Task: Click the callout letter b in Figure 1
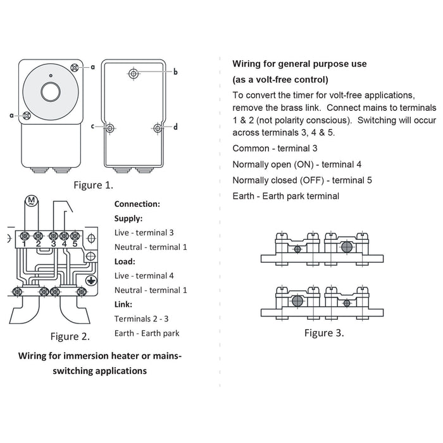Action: pos(175,72)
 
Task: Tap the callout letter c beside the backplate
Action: pos(92,127)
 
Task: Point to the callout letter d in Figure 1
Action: pos(175,127)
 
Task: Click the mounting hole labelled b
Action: pos(134,73)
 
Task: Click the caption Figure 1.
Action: pos(93,185)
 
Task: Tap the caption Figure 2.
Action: pos(70,336)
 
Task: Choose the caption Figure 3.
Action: pos(324,333)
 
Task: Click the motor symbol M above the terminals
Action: pos(29,203)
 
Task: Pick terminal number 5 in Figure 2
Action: pos(75,244)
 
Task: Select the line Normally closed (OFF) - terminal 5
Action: pos(303,180)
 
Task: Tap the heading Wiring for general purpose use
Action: pos(299,64)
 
